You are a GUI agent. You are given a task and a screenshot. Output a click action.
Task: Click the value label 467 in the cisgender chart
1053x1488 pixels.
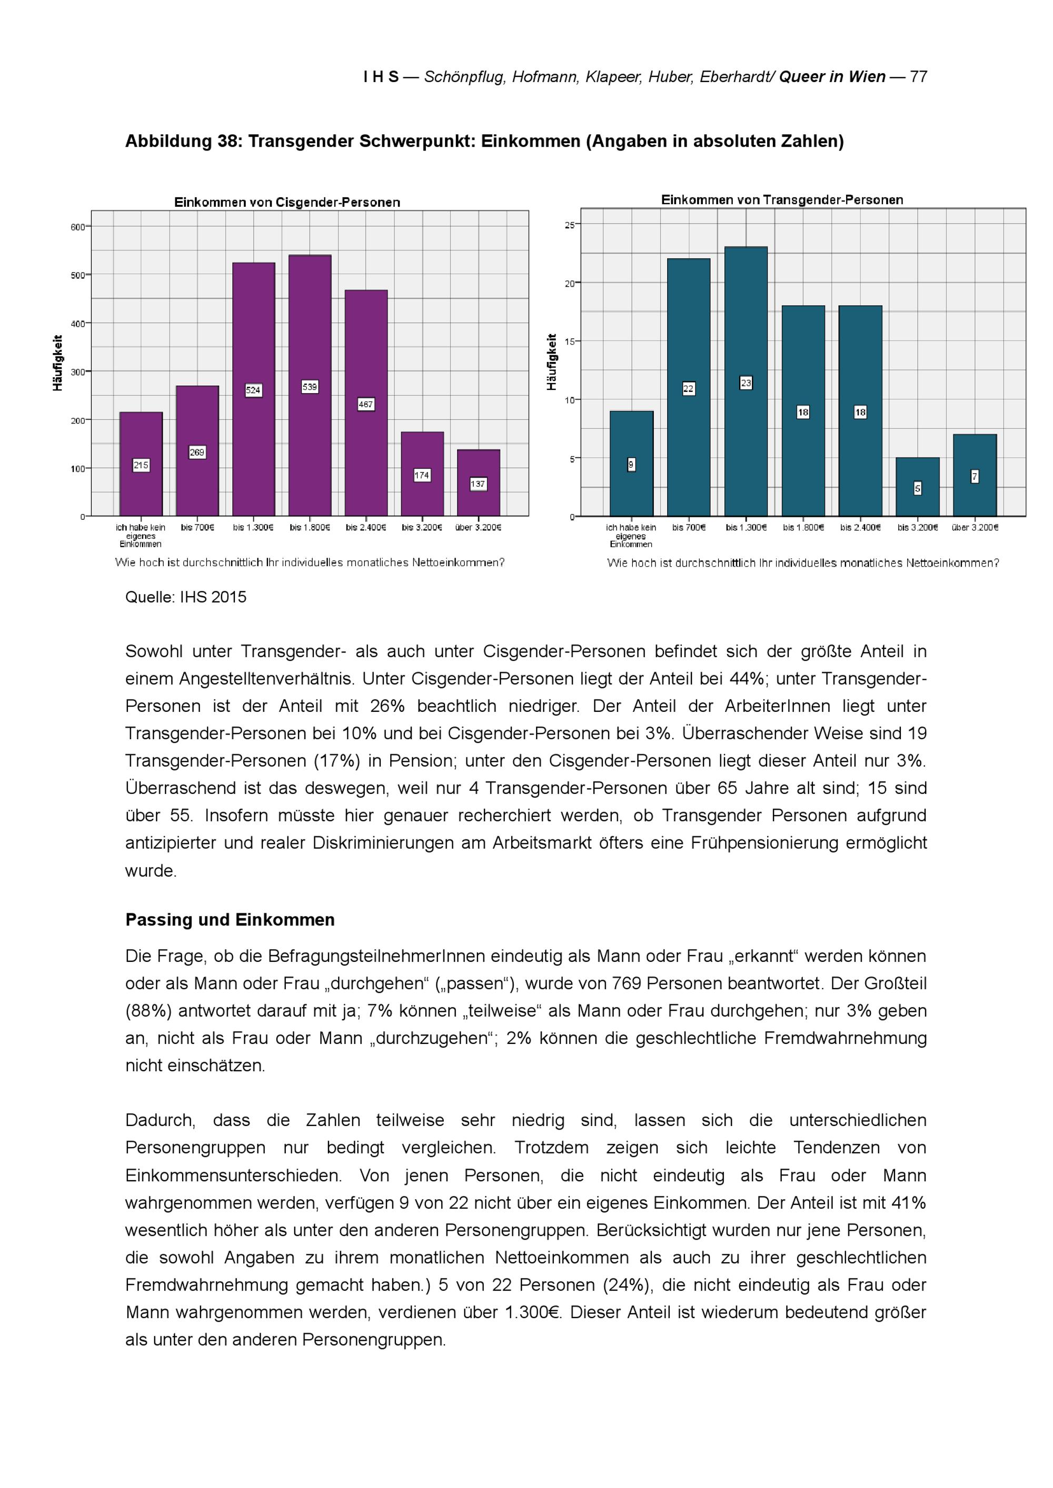tap(366, 405)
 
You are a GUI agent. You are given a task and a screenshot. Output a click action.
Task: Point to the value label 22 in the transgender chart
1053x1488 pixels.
tap(688, 389)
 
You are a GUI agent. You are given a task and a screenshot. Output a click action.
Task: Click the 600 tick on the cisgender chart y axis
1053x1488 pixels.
tap(78, 227)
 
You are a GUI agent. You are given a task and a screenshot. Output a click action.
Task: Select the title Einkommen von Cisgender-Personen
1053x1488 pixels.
tap(287, 202)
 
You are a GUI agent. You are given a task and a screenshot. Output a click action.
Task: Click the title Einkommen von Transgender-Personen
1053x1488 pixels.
tap(782, 199)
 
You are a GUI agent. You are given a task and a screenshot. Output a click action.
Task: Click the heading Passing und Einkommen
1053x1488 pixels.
tap(230, 920)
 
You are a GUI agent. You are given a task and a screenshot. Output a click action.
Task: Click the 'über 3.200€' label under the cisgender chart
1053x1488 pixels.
tap(478, 528)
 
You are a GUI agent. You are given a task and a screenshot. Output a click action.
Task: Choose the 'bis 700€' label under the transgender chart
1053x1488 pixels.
tap(688, 528)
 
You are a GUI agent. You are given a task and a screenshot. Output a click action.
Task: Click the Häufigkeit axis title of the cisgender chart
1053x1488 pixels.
tap(58, 363)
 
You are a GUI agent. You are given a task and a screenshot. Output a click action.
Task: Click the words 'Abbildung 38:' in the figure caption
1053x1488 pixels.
tap(184, 142)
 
